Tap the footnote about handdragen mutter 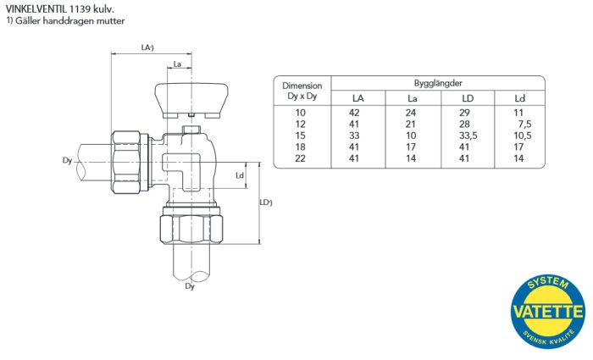[65, 21]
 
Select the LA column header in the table [357, 98]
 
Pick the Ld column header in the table [519, 98]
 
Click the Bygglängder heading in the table [438, 83]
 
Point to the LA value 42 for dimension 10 [354, 113]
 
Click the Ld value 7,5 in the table [524, 124]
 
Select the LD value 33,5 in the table [468, 136]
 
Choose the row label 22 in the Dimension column [300, 158]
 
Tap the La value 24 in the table [411, 113]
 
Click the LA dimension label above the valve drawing [147, 47]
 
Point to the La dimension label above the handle [177, 64]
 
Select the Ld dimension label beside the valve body [240, 175]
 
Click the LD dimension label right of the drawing [266, 202]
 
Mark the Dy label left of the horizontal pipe [67, 161]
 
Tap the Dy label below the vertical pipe [190, 286]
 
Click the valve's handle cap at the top [191, 100]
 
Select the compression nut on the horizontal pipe [130, 163]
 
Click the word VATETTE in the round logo [547, 312]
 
